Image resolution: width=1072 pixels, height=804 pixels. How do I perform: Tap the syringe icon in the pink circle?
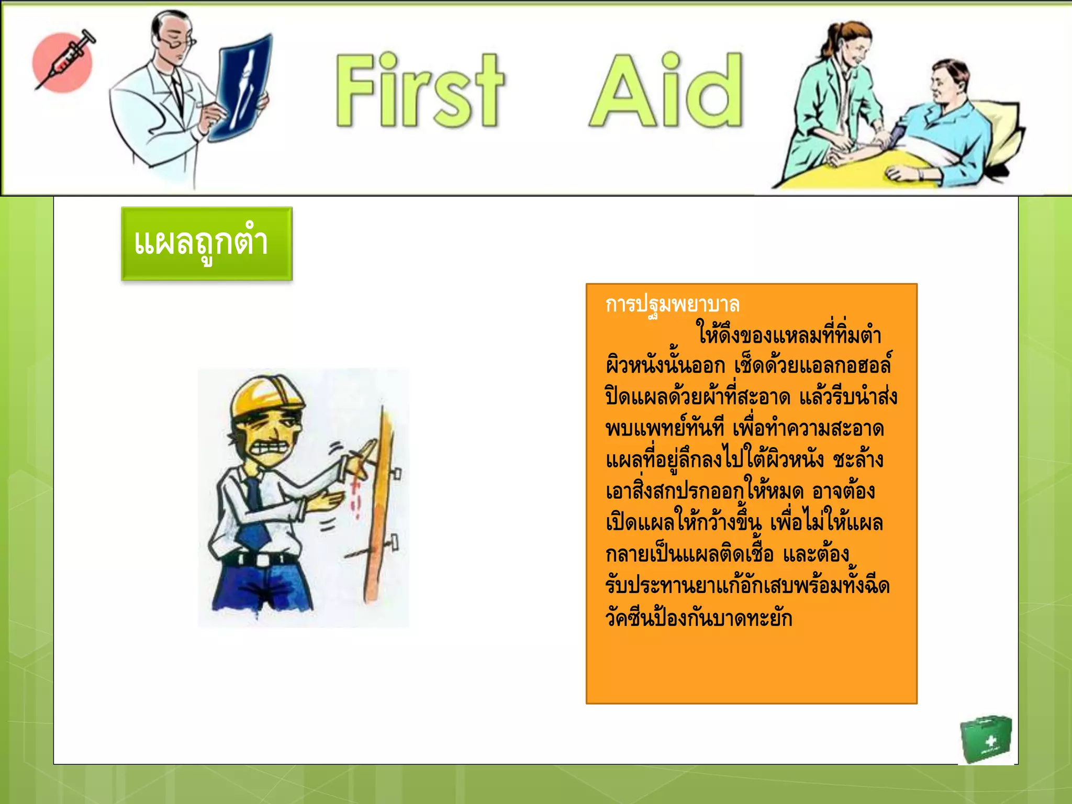[64, 60]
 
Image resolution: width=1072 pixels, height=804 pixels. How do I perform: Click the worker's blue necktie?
[255, 510]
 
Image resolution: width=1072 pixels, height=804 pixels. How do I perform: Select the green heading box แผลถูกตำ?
[207, 243]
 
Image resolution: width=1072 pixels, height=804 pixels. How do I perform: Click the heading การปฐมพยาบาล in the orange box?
[672, 304]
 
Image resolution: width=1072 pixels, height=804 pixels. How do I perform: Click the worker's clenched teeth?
[271, 448]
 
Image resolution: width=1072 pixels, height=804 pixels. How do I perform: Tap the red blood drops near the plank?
[357, 492]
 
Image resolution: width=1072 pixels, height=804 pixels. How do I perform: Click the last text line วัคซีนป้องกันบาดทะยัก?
[699, 618]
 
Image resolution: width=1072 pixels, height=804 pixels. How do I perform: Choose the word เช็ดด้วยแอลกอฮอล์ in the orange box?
[812, 366]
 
